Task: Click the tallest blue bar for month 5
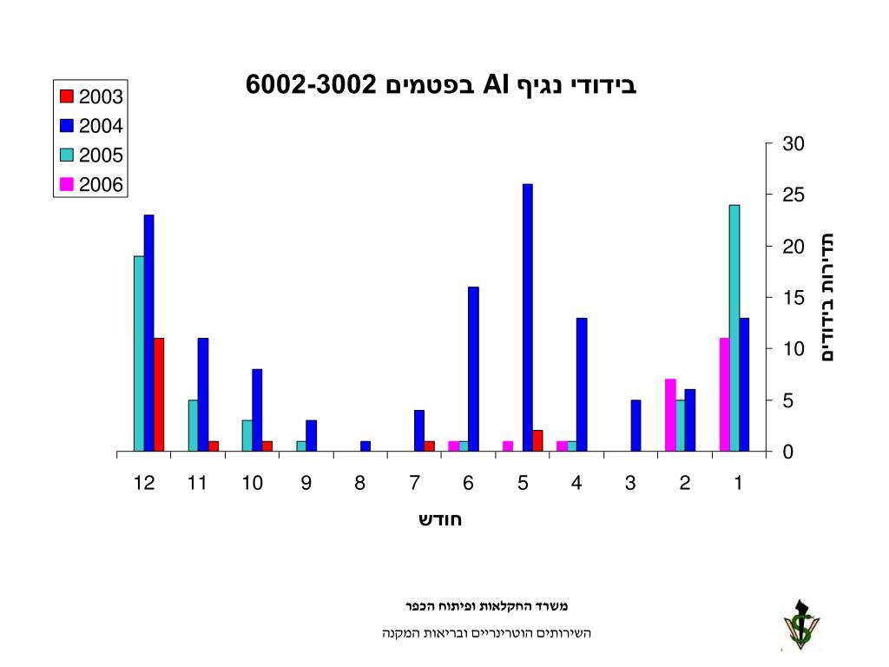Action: [527, 318]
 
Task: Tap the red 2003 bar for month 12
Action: [159, 395]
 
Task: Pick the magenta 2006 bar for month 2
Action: [670, 416]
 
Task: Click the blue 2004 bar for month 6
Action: [473, 369]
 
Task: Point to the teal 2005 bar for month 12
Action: [139, 354]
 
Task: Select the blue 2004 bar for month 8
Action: [365, 446]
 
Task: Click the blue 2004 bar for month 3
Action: [635, 426]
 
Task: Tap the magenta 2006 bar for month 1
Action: [725, 395]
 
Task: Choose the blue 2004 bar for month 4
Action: [582, 385]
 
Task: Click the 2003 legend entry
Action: [91, 96]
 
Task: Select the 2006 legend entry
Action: [91, 184]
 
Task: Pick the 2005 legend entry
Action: [91, 155]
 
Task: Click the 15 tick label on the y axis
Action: [794, 298]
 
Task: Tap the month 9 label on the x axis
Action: [306, 484]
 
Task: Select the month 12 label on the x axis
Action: [144, 484]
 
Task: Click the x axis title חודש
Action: [440, 520]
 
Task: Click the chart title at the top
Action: [441, 85]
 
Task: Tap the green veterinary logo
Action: [800, 624]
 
